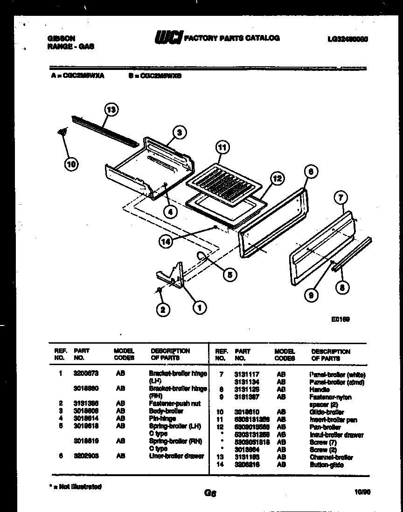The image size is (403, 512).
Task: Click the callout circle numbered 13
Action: (111, 110)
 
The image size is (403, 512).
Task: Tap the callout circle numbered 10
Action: (72, 164)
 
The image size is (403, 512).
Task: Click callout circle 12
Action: (277, 179)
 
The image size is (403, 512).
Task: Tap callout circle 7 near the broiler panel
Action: (340, 198)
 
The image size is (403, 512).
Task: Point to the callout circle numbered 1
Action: (199, 307)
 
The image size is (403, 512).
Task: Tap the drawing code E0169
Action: (340, 319)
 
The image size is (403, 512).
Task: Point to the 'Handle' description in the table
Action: (320, 389)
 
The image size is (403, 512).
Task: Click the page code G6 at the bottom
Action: (209, 493)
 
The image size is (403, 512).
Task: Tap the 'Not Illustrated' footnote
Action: (75, 486)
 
